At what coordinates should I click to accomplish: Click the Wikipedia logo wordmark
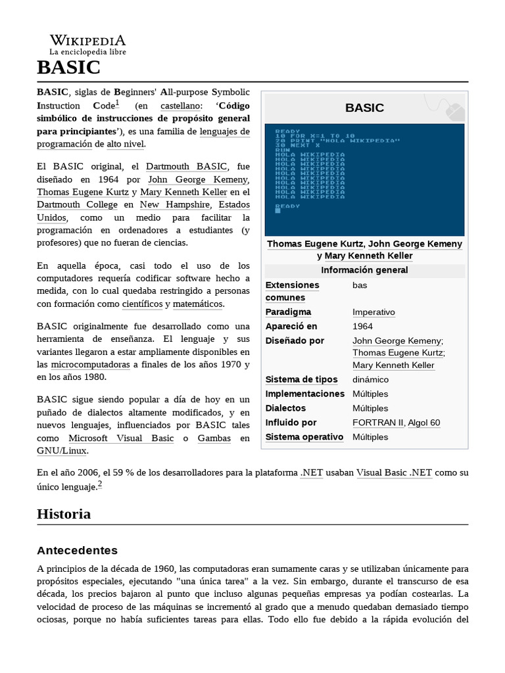click(x=87, y=41)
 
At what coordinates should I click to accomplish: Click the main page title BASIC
click(x=69, y=67)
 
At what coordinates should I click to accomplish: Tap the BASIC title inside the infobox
click(x=364, y=108)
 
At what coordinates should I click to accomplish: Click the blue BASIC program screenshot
click(x=364, y=179)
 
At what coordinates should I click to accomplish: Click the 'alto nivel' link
click(x=126, y=144)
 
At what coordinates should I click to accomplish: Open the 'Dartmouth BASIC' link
click(x=186, y=166)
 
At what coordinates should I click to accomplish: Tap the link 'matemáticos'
click(x=198, y=304)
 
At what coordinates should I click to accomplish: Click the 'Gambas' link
click(x=214, y=438)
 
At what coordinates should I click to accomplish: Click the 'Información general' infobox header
click(x=364, y=270)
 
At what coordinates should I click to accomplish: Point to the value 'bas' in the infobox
click(x=360, y=285)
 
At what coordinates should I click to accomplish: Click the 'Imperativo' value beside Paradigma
click(x=373, y=312)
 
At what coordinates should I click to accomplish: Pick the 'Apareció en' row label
click(x=291, y=326)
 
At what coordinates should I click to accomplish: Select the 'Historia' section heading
click(x=64, y=514)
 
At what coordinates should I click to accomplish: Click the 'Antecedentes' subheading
click(x=76, y=550)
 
